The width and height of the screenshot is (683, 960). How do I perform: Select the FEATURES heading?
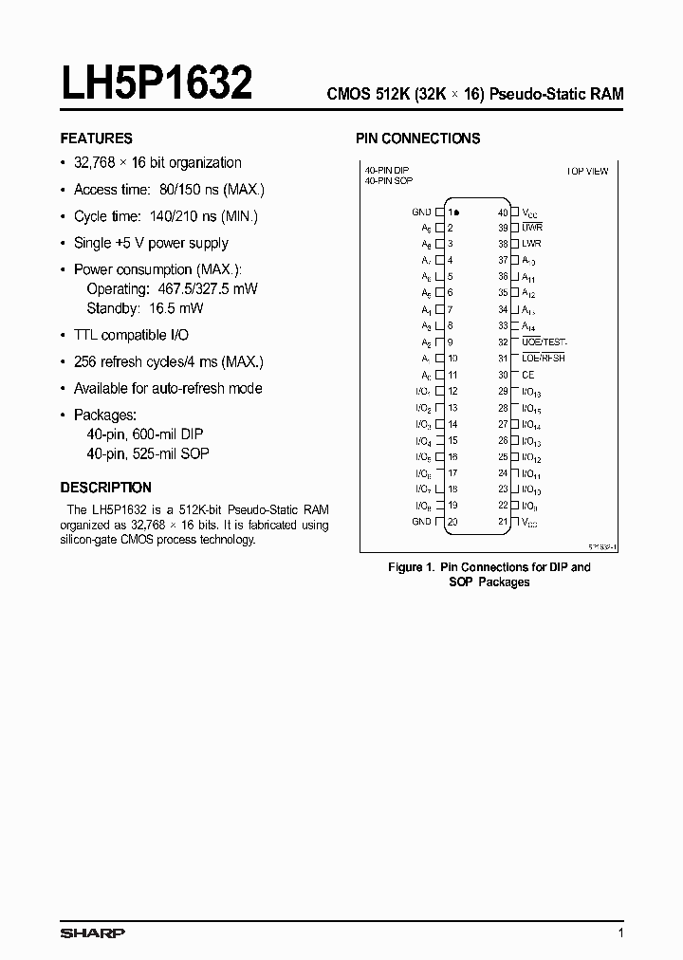point(96,138)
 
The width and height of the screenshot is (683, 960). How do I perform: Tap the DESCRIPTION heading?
point(105,488)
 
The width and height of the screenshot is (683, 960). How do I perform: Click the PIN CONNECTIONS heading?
point(417,138)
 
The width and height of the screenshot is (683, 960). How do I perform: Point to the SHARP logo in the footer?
point(92,933)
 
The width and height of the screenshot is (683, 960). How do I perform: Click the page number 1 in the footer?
point(620,933)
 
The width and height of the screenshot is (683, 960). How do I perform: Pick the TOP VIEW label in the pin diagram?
point(587,171)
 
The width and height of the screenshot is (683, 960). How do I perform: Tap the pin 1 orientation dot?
point(457,212)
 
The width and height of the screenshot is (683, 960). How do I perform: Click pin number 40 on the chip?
point(503,212)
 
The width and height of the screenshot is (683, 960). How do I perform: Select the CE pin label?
point(528,375)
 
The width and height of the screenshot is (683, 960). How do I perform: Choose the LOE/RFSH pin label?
point(544,359)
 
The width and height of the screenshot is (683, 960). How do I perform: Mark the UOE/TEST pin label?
point(545,342)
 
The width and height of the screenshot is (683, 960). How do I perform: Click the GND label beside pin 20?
point(421,522)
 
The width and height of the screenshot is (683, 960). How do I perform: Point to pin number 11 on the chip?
point(452,375)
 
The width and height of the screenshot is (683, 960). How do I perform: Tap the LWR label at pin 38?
point(531,244)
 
